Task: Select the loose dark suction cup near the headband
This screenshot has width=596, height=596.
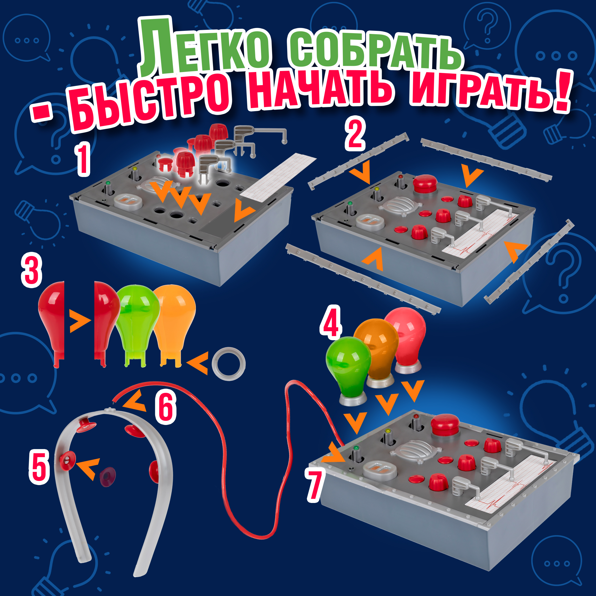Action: click(x=107, y=477)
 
